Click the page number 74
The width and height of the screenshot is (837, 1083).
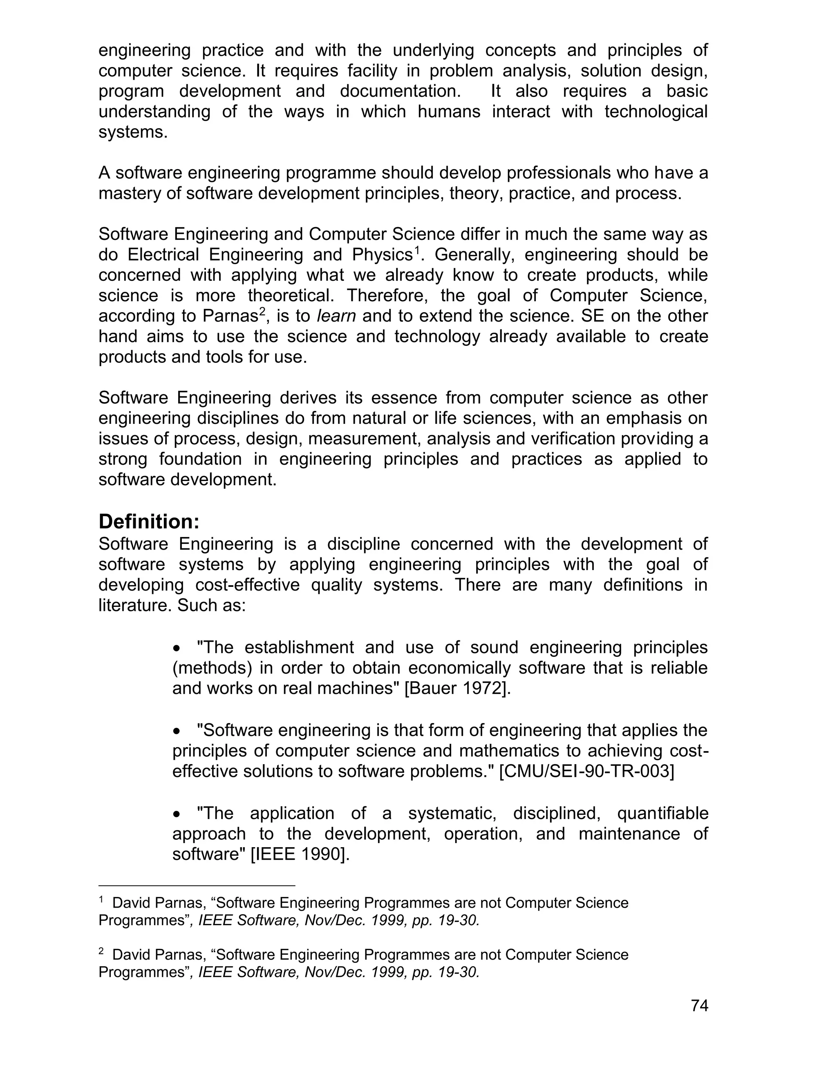pos(699,1006)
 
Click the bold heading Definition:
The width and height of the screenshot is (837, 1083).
pos(149,521)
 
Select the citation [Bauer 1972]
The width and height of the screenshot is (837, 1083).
pos(458,688)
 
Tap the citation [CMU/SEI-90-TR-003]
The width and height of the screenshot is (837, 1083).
pos(586,771)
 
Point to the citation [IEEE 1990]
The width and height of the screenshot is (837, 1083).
pos(300,854)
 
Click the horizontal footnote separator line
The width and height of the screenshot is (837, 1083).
pos(197,885)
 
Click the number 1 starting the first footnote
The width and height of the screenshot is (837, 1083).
pos(101,899)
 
